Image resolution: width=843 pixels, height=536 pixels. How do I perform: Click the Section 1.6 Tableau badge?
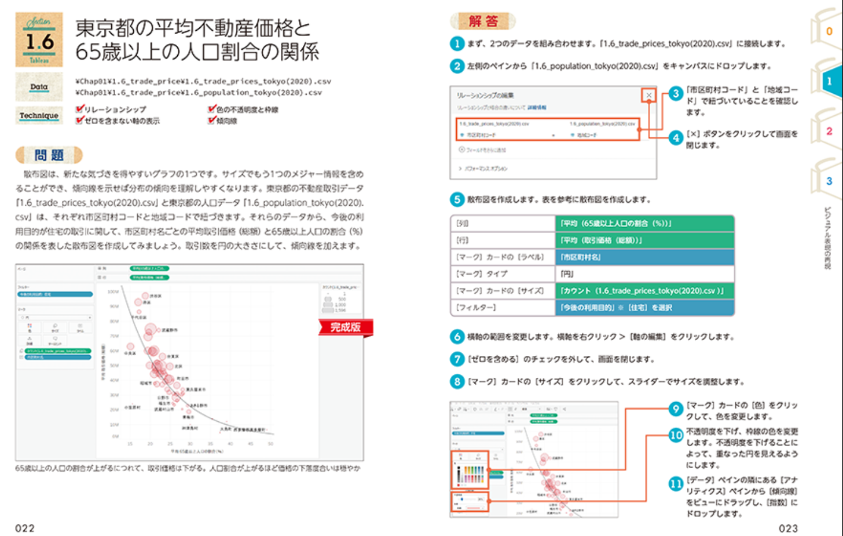pyautogui.click(x=39, y=39)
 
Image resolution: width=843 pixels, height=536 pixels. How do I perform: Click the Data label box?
pyautogui.click(x=39, y=87)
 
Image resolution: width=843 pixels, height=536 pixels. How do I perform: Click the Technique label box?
pyautogui.click(x=39, y=115)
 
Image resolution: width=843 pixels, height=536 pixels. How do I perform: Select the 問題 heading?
pyautogui.click(x=49, y=155)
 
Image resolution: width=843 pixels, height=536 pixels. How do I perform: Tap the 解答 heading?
pyautogui.click(x=483, y=21)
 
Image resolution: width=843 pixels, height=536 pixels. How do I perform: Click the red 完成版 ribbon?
pyautogui.click(x=345, y=327)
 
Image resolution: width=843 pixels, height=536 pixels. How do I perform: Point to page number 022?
pyautogui.click(x=25, y=528)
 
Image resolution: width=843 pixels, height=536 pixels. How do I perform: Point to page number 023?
pyautogui.click(x=788, y=528)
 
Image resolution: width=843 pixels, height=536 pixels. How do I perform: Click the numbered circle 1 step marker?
pyautogui.click(x=457, y=43)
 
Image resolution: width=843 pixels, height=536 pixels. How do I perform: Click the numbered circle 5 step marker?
pyautogui.click(x=457, y=199)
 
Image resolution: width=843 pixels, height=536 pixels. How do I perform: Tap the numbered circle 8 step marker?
pyautogui.click(x=457, y=381)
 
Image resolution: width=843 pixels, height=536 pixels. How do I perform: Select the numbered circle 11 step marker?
pyautogui.click(x=676, y=484)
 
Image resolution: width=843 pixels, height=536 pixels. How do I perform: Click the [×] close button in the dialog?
pyautogui.click(x=649, y=95)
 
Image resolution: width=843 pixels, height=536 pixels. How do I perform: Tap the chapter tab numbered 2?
pyautogui.click(x=829, y=132)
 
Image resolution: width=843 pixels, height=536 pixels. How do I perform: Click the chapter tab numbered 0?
pyautogui.click(x=829, y=31)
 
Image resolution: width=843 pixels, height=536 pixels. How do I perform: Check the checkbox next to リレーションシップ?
pyautogui.click(x=80, y=109)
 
